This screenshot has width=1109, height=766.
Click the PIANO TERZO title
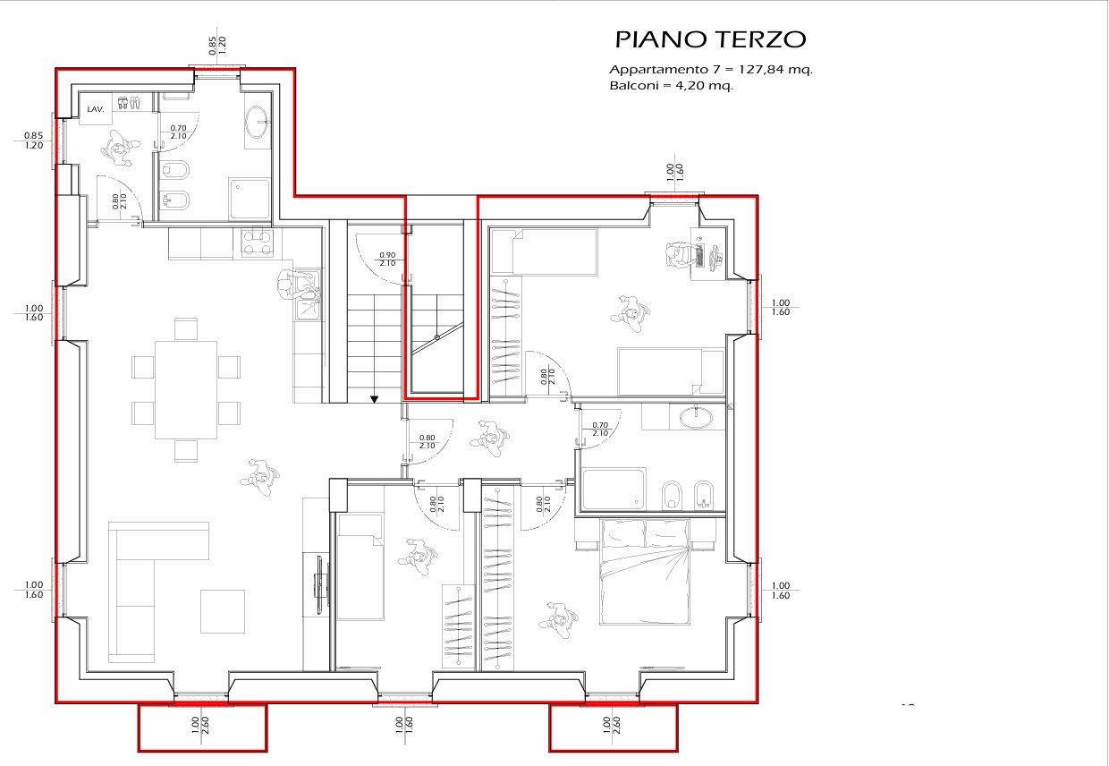click(710, 39)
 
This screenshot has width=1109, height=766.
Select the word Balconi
click(631, 86)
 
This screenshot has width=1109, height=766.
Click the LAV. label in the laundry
click(96, 109)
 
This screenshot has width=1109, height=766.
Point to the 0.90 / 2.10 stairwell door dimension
click(387, 260)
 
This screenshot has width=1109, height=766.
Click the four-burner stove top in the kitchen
click(257, 243)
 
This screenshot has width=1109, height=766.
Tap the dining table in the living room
click(186, 389)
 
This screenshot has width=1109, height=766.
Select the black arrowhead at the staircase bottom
click(374, 399)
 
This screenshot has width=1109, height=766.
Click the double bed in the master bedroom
click(644, 571)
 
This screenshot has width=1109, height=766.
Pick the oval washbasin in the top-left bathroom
click(257, 122)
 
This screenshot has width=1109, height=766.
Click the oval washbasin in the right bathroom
click(696, 417)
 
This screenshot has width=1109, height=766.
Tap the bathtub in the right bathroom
click(614, 489)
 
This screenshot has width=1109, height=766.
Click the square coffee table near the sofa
click(223, 611)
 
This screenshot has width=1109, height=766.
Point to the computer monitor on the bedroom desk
click(716, 256)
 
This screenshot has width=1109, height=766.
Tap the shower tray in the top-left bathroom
click(250, 200)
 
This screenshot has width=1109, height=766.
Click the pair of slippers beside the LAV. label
click(129, 103)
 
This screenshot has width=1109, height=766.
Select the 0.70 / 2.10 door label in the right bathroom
click(600, 429)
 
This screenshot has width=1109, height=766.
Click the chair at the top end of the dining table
click(186, 329)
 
